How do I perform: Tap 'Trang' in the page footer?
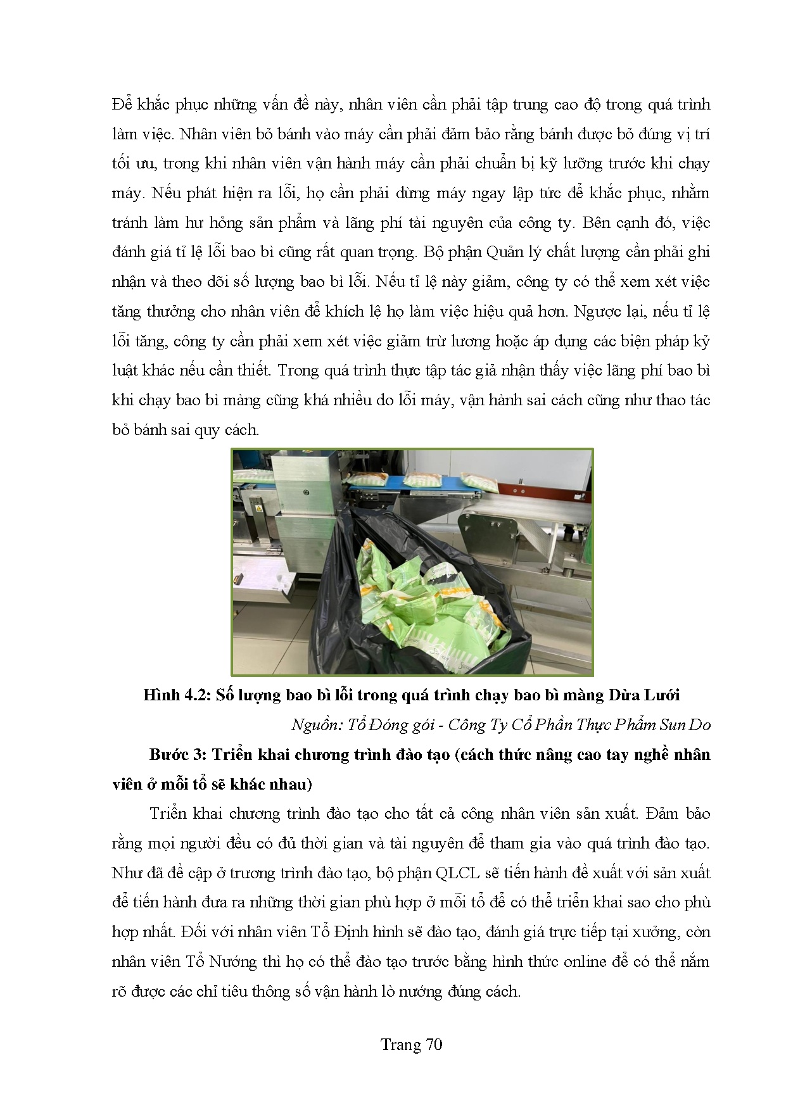[x=401, y=1044]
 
